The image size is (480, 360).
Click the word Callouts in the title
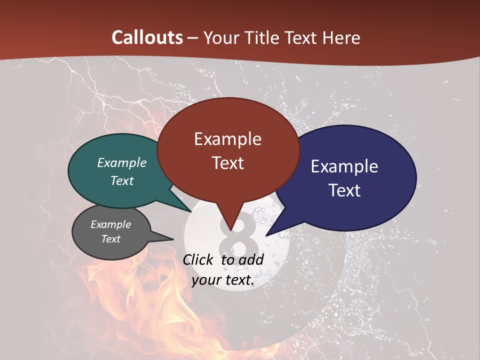pos(147,37)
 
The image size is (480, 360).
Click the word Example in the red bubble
pos(227,139)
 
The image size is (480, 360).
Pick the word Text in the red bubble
pos(227,163)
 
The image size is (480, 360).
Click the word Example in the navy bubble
pos(344,166)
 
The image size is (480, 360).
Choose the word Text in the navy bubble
pos(344,190)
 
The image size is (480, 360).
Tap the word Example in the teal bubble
pos(122,163)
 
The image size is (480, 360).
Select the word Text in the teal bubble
pos(122,180)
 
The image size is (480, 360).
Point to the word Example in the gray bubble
pos(110,224)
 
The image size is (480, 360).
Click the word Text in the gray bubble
pos(110,239)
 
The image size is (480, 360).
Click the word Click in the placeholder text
pos(198,259)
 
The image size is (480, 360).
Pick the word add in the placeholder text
pos(251,259)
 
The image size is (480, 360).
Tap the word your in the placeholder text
pos(205,280)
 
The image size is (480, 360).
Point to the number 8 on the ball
pos(237,240)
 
